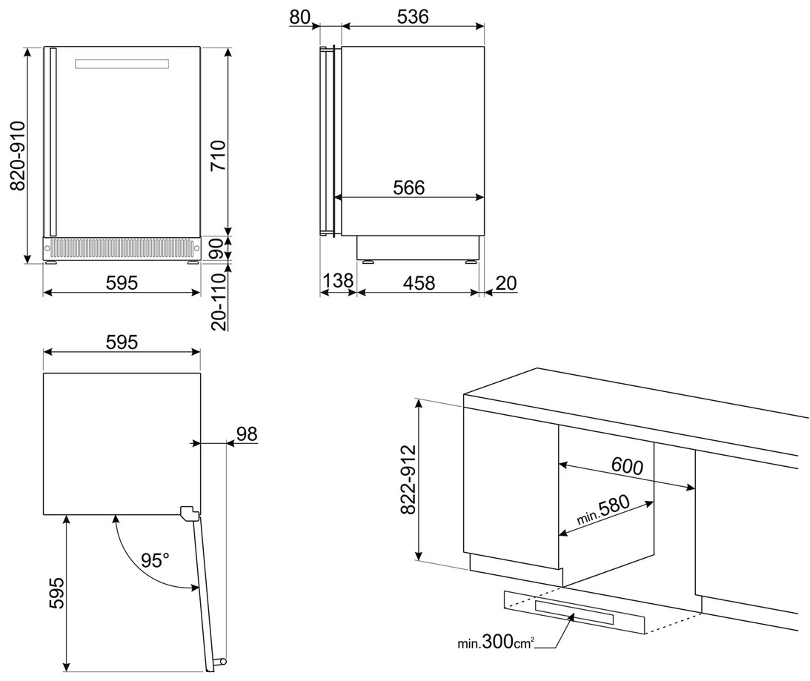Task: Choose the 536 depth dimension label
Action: [412, 17]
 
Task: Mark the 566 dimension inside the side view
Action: [408, 188]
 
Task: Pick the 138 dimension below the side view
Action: [338, 282]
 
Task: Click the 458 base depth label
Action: [419, 282]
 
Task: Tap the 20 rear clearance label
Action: [506, 282]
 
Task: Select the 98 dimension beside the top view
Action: [247, 433]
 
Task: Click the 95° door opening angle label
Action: [156, 560]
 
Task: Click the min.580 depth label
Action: [603, 510]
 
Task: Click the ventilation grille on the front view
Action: [122, 246]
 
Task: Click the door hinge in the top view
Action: [190, 511]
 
